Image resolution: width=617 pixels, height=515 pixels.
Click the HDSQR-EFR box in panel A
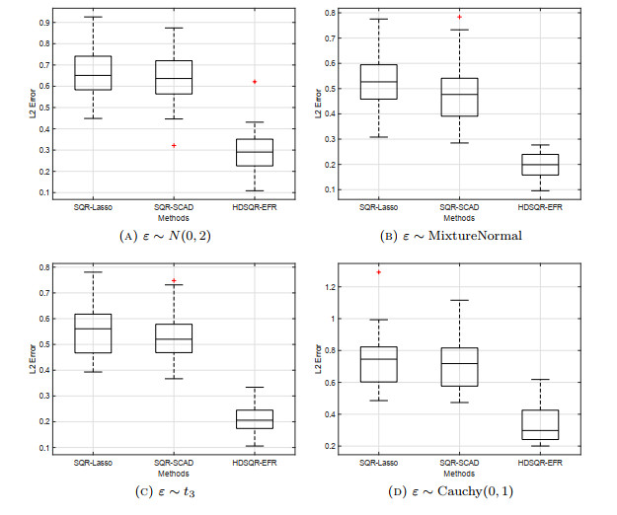(x=254, y=152)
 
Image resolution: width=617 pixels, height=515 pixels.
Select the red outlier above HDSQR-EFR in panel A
(x=254, y=81)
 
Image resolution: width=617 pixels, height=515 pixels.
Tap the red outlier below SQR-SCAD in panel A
(x=174, y=145)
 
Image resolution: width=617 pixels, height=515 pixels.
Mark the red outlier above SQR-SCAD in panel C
(x=174, y=280)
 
